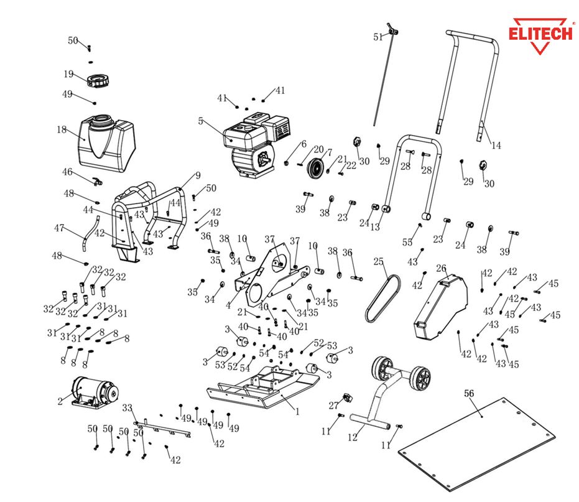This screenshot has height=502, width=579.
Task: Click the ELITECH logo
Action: [540, 32]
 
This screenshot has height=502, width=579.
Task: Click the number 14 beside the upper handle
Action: [496, 146]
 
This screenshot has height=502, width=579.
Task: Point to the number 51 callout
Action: [378, 37]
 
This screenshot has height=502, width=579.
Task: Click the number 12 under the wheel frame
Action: [353, 437]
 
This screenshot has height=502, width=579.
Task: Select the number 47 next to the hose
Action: [59, 228]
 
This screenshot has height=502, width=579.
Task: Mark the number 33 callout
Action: [127, 408]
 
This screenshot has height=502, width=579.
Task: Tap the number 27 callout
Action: [333, 406]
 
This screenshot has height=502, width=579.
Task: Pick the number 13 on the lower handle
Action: [374, 227]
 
